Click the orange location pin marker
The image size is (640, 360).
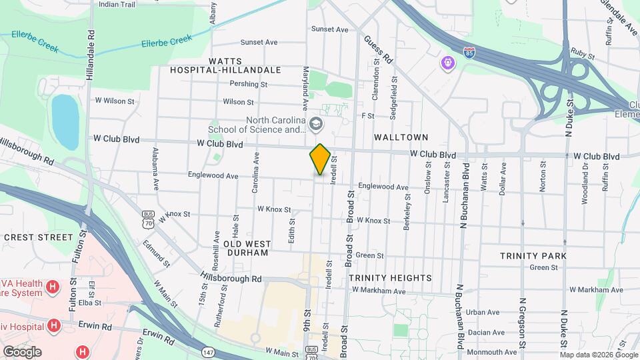click(x=320, y=159)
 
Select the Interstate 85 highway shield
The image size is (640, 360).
click(x=470, y=51)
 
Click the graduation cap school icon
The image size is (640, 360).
click(x=315, y=123)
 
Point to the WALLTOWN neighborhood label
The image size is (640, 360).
click(x=400, y=137)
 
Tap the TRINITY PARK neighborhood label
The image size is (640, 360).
click(x=533, y=255)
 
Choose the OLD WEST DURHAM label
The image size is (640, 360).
click(x=246, y=249)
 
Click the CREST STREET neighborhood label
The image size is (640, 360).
click(x=38, y=237)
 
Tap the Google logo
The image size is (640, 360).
click(x=22, y=351)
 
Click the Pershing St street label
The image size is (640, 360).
click(x=248, y=85)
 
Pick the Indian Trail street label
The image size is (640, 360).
click(x=117, y=4)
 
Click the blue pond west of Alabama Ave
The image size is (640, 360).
click(x=65, y=122)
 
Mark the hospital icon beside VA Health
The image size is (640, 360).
click(x=52, y=288)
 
